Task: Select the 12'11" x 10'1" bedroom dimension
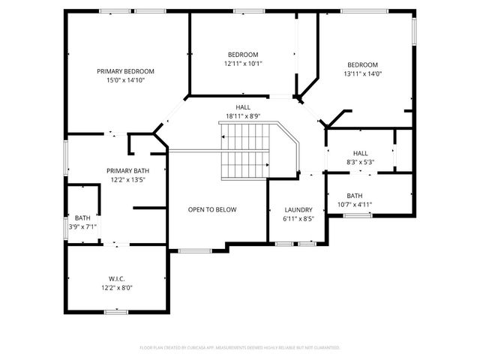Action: coord(243,64)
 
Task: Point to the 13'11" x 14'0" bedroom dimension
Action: coord(362,73)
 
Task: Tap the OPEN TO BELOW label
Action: coord(212,209)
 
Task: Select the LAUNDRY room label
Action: coord(298,210)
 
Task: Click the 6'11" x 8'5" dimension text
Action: coord(298,219)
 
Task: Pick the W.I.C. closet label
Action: coord(116,277)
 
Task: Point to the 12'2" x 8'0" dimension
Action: coord(116,286)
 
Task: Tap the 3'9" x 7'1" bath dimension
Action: coord(82,226)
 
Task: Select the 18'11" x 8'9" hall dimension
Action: coord(243,116)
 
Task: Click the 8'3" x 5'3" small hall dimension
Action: coord(361,162)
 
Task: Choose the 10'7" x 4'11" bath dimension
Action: coord(355,204)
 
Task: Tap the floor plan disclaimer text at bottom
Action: coord(240,347)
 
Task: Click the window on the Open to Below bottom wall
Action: coord(195,250)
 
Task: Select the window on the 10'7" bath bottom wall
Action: coord(358,215)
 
